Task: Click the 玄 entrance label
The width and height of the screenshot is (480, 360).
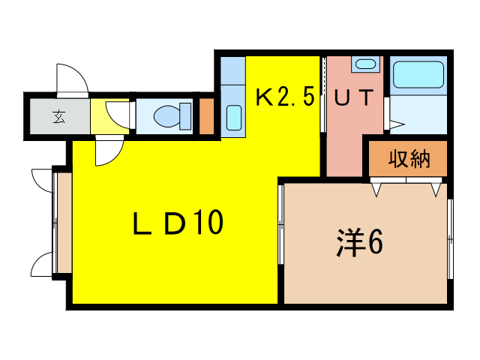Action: point(58,116)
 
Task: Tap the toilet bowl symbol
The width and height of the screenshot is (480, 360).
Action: point(166,116)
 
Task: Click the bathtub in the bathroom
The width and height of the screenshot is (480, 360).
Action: point(418,75)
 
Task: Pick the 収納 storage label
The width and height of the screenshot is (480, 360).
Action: point(408,158)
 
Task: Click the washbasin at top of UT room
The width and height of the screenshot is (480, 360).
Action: point(365,64)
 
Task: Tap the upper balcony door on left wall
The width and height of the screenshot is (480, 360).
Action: point(43,180)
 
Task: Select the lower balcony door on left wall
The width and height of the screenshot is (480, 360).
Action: point(43,264)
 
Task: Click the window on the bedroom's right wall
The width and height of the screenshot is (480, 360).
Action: point(451,240)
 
